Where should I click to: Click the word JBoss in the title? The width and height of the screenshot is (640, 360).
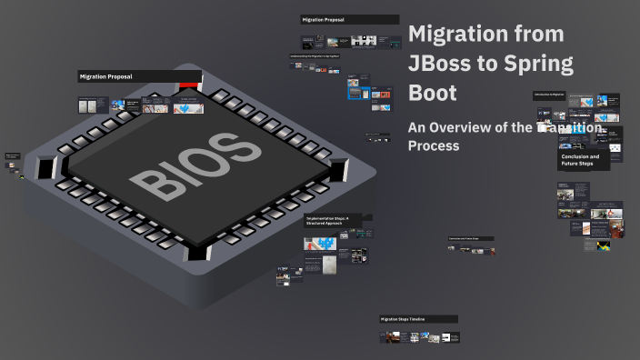[445, 64]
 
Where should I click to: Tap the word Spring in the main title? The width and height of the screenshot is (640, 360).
[540, 64]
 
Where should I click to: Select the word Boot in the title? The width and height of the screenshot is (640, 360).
[433, 94]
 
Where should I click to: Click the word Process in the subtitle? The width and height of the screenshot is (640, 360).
[434, 145]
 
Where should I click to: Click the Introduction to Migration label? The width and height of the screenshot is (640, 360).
[550, 95]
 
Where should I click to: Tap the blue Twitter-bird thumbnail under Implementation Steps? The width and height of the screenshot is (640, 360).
[320, 244]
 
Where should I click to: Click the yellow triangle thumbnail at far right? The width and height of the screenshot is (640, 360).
[602, 245]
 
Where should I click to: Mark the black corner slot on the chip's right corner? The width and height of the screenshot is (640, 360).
[339, 168]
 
